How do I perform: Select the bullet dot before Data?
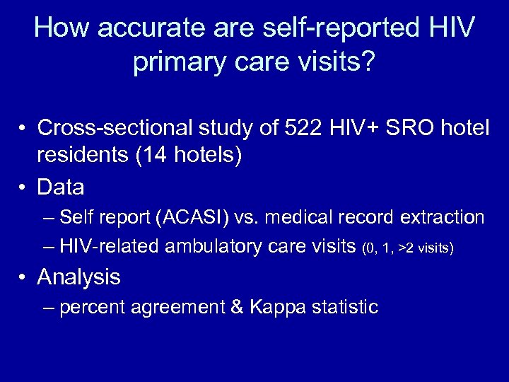[x=24, y=187]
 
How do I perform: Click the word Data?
[x=61, y=187]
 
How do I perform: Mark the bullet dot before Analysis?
[x=24, y=277]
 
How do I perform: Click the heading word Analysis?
[x=79, y=277]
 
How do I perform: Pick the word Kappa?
[x=277, y=307]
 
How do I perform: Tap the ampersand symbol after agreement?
[x=237, y=307]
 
